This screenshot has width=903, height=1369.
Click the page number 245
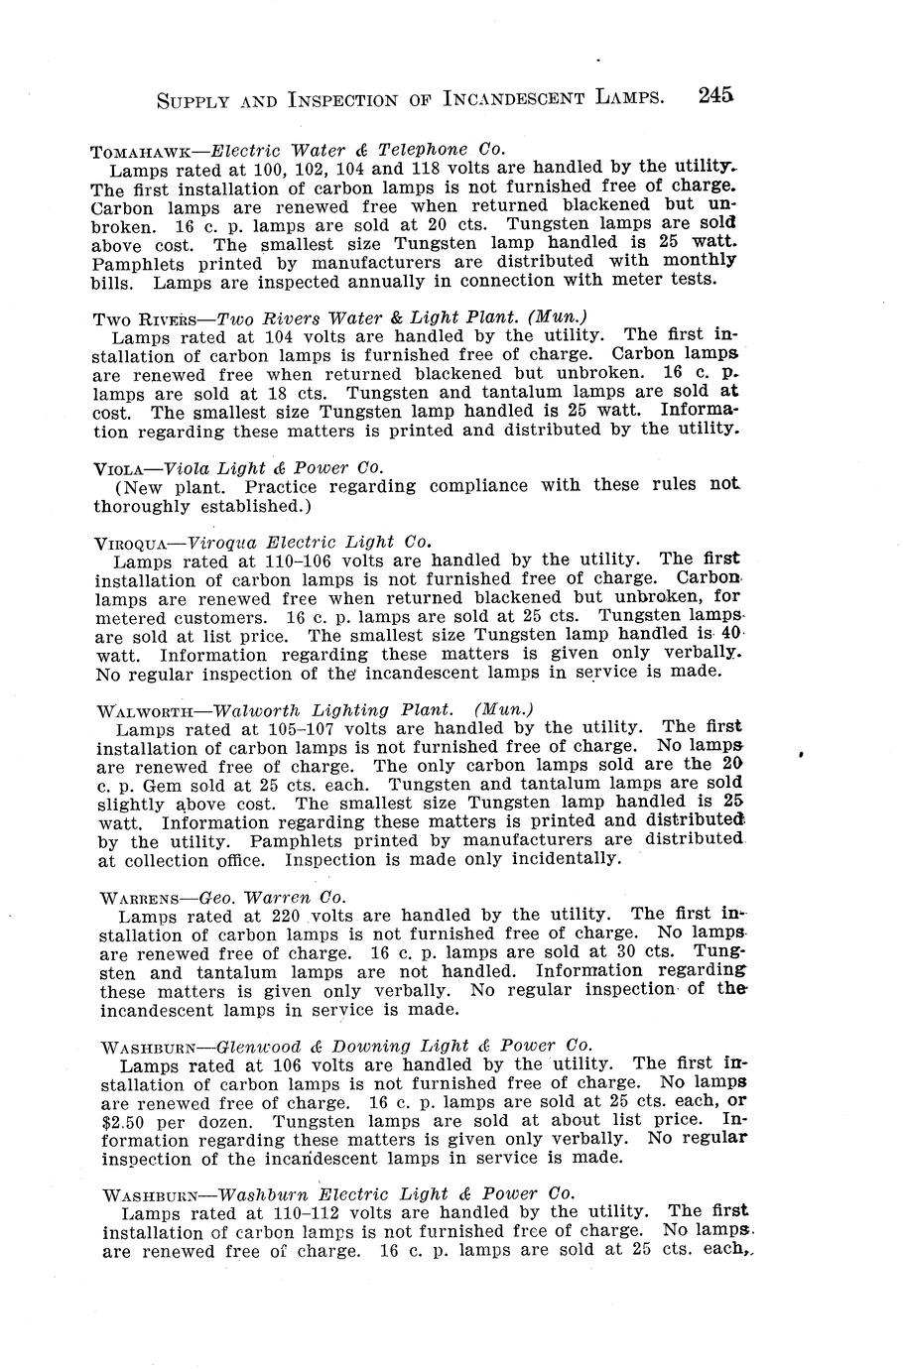coord(715,95)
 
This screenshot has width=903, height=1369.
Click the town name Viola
coord(123,467)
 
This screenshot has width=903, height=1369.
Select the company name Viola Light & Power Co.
coord(273,467)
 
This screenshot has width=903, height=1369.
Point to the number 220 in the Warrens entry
coord(287,915)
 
